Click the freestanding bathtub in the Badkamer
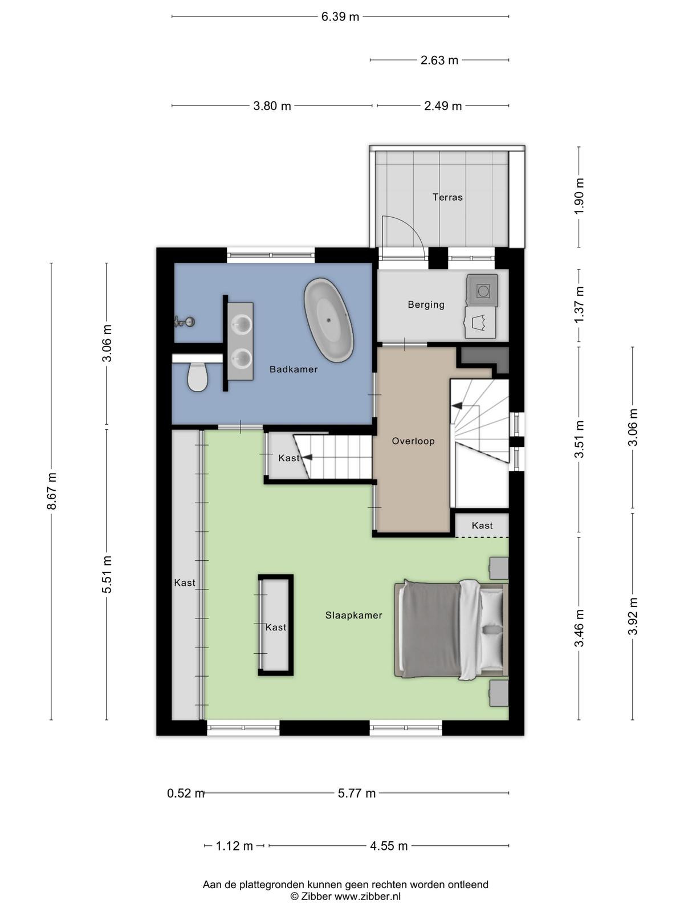pos(329,320)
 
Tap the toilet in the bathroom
pos(197,376)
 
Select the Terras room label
pos(447,197)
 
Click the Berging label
pos(426,305)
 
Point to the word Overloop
pos(413,441)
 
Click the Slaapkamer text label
pos(353,616)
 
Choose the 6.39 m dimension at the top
pos(340,17)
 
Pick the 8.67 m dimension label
pos(51,491)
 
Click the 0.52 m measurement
pos(186,793)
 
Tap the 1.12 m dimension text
pos(234,846)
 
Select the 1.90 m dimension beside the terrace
pos(579,196)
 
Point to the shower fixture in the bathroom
pos(184,321)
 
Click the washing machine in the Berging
pos(482,291)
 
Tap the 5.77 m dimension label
pos(357,793)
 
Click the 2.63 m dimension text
pos(439,60)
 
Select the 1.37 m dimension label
pos(579,304)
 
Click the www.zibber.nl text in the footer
pos(368,896)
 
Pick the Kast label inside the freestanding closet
pos(276,628)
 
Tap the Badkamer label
pos(294,369)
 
